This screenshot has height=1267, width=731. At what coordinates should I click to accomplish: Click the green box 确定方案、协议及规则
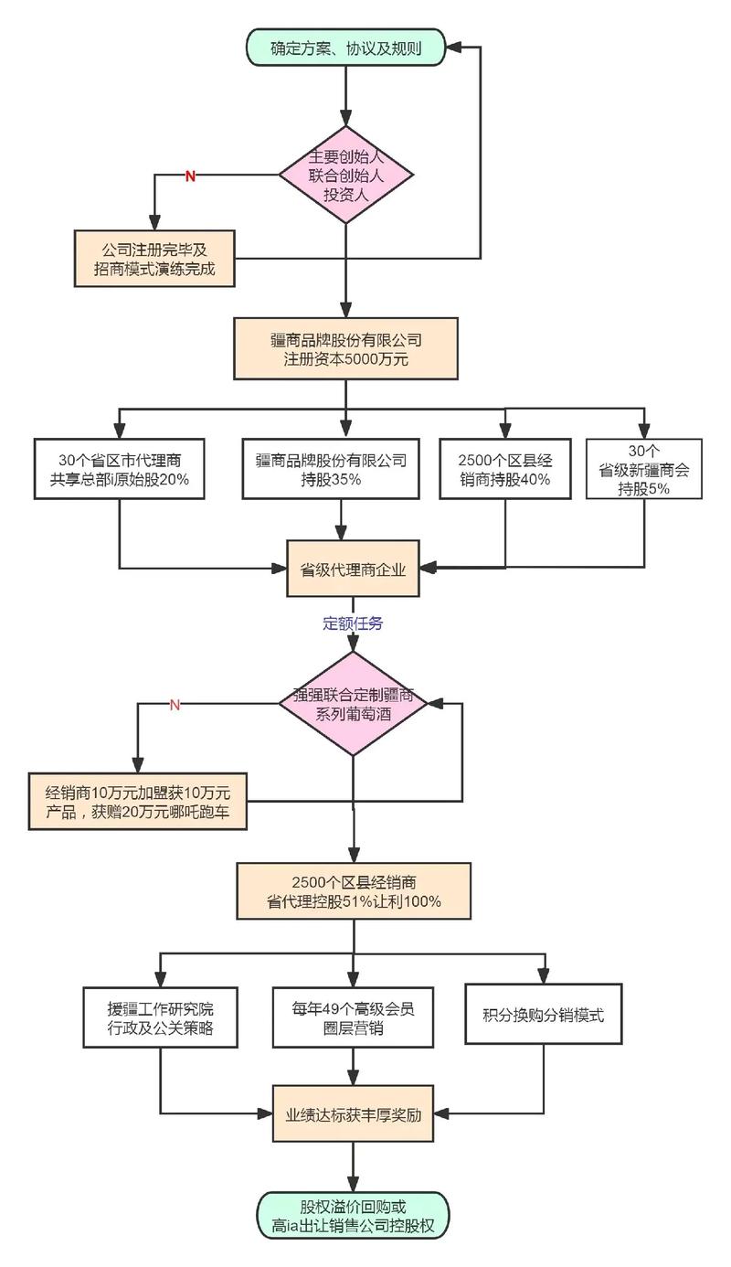(x=345, y=48)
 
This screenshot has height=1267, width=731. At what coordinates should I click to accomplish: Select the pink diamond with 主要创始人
(x=345, y=175)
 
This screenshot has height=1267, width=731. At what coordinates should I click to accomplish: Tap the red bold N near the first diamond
(x=190, y=176)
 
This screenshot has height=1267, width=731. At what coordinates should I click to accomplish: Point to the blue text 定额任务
(x=353, y=623)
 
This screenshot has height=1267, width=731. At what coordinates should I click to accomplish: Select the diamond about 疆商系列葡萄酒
(x=353, y=704)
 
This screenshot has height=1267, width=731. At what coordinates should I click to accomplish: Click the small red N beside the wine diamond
(x=175, y=704)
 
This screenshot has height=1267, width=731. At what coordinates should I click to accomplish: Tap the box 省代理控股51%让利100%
(x=354, y=890)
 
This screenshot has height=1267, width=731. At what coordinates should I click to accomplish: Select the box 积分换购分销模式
(x=544, y=1015)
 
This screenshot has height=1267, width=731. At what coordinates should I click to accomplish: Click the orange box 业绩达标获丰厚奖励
(x=354, y=1113)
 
